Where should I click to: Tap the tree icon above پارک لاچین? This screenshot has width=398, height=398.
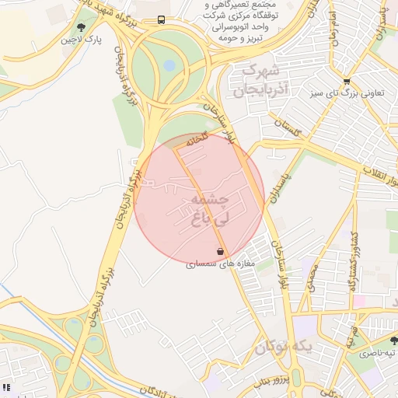[82, 27]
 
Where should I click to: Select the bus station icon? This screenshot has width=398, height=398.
[161, 19]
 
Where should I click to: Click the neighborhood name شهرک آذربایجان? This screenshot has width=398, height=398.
[264, 81]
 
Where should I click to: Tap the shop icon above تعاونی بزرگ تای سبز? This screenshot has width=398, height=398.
[347, 81]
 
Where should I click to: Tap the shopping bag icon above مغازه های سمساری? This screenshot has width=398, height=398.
[221, 252]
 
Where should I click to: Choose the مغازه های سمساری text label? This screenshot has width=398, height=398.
[215, 264]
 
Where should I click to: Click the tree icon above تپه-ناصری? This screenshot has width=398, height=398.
[393, 340]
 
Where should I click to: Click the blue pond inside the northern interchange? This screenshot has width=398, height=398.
[169, 66]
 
